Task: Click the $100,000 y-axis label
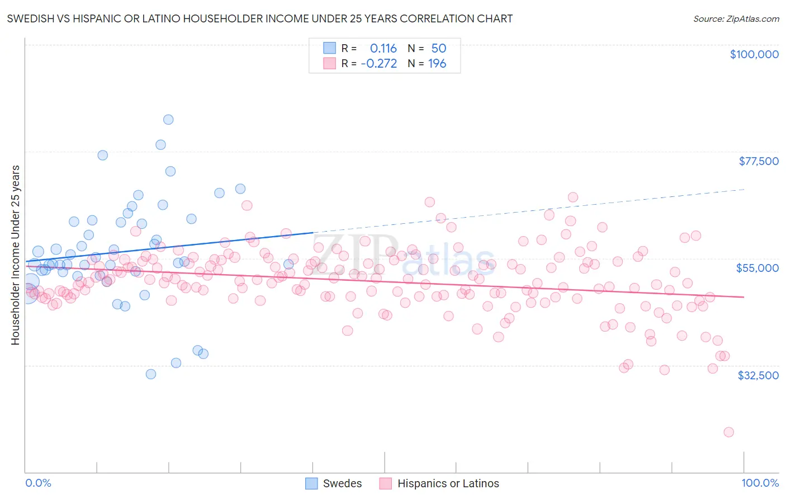tap(754, 54)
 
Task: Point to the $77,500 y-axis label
tap(759, 161)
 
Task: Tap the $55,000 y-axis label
tap(757, 268)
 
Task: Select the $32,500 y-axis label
tap(758, 375)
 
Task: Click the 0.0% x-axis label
tap(38, 483)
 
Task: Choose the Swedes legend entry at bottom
tap(334, 483)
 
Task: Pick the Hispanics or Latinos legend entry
tap(439, 483)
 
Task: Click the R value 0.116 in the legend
tap(383, 49)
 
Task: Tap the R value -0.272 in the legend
tap(379, 64)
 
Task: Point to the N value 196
tap(437, 64)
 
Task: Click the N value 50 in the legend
tap(439, 49)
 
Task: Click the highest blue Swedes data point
tap(168, 119)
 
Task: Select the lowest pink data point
tap(728, 432)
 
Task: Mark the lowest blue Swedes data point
tap(151, 374)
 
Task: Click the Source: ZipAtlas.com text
tap(736, 19)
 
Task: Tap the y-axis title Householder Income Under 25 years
tap(16, 255)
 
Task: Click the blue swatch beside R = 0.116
tap(330, 49)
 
